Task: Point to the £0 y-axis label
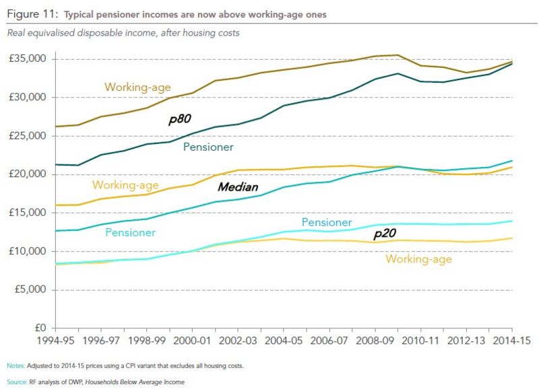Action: [38, 328]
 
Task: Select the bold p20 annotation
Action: [385, 234]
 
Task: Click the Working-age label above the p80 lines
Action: [137, 87]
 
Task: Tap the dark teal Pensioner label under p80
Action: [208, 147]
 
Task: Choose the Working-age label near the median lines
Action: [126, 184]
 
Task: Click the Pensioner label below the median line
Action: [130, 232]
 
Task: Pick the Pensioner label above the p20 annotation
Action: [326, 222]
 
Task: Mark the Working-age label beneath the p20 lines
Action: [418, 258]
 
